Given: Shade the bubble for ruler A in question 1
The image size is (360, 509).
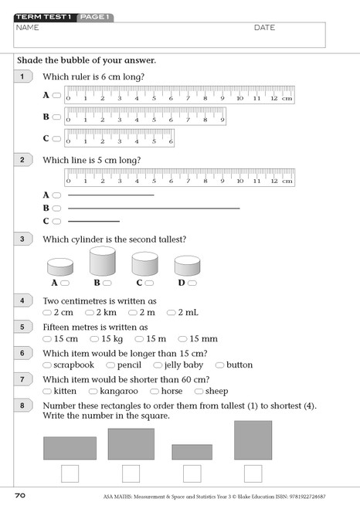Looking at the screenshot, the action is tap(56, 96).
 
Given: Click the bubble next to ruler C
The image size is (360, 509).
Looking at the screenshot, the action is tap(56, 139).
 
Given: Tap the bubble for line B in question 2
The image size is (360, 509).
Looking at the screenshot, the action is tap(56, 209).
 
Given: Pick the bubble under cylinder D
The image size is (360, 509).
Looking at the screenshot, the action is tap(193, 283).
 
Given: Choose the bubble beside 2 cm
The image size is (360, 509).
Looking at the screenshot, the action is tap(48, 313).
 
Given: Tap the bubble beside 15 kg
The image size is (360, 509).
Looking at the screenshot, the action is tap(94, 339).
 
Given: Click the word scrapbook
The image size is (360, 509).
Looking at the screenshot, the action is tap(73, 365).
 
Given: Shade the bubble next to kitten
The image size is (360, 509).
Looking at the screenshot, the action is tap(48, 392).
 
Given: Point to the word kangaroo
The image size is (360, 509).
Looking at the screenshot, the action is tap(120, 392).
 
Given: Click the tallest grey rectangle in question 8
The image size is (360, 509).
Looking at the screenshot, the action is tap(253, 440).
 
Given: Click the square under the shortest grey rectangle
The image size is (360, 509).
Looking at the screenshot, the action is tap(192, 473).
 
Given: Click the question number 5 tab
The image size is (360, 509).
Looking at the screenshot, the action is tap(23, 327).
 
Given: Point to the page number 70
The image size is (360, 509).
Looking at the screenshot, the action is tap(22, 494).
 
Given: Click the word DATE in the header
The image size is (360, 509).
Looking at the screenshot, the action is tap(264, 28).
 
